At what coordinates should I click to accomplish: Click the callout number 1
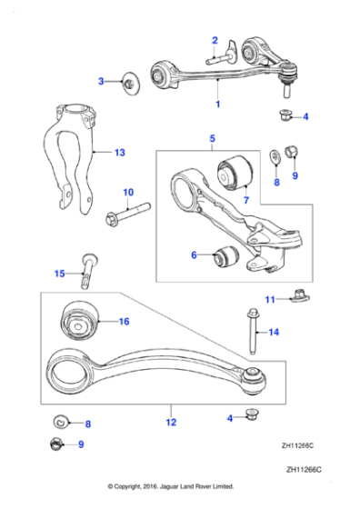click(217, 105)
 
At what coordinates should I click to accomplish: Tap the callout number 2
click(215, 40)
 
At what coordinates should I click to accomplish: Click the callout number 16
click(125, 321)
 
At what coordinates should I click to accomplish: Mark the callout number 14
click(274, 333)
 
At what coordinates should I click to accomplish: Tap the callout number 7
click(245, 199)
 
